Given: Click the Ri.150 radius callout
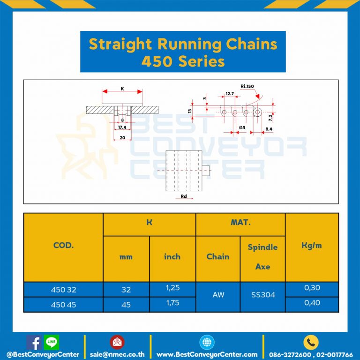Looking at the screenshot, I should pos(249,86).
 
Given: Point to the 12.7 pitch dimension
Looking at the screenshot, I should pos(230,94).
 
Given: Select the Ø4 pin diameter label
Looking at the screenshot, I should pos(242,127).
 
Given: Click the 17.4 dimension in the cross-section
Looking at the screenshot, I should pos(122,127).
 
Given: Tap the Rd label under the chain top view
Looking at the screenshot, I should pos(184,196).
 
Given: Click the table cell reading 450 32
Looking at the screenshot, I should pos(63,290).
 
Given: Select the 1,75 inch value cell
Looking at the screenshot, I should pos(172,303).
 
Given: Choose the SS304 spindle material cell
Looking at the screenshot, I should pos(262,295).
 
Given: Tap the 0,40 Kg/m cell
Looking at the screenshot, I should pos(312,303).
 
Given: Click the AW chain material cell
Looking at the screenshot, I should pos(218,295).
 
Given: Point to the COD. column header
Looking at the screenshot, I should pos(63,245).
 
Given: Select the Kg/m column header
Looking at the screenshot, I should pos(312,245).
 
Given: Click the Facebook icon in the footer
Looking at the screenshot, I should pos(33,342).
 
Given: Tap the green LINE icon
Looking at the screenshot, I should pos(51,342).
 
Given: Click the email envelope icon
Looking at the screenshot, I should pos(117,342).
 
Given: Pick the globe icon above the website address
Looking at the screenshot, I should pos(206,342).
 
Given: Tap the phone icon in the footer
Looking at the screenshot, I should pos(311,342).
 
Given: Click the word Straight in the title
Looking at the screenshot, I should pos(120,45).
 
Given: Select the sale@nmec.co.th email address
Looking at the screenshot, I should pos(117,354).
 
